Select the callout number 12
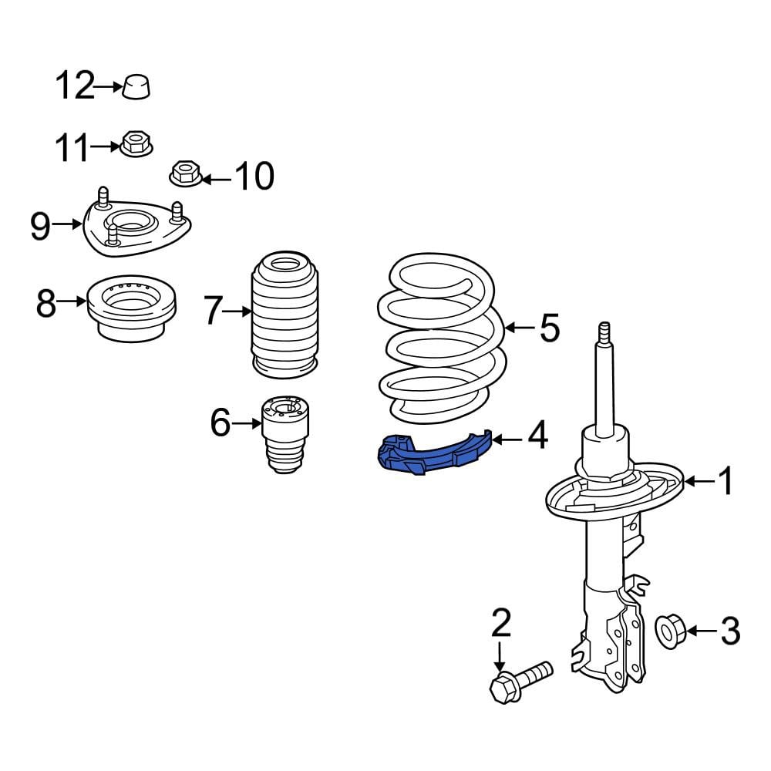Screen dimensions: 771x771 pyautogui.click(x=74, y=86)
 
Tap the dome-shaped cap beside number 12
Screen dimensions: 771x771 pyautogui.click(x=136, y=88)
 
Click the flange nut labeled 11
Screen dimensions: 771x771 pyautogui.click(x=136, y=143)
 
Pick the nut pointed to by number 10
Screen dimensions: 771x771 pyautogui.click(x=186, y=173)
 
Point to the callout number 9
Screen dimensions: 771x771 pyautogui.click(x=40, y=226)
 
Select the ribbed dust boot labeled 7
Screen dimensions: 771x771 pyautogui.click(x=284, y=315)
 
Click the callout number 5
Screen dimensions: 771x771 pyautogui.click(x=550, y=328)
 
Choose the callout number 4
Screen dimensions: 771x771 pyautogui.click(x=537, y=435)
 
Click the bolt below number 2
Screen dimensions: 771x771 pyautogui.click(x=521, y=682)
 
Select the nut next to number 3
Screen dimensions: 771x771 pyautogui.click(x=671, y=631)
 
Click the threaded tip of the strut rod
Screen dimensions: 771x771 pyautogui.click(x=605, y=334)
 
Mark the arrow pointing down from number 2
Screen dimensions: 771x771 pyautogui.click(x=500, y=656)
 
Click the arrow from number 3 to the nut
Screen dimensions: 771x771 pyautogui.click(x=701, y=631)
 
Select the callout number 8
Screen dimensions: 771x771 pyautogui.click(x=45, y=303)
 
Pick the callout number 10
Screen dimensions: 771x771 pyautogui.click(x=254, y=176)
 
